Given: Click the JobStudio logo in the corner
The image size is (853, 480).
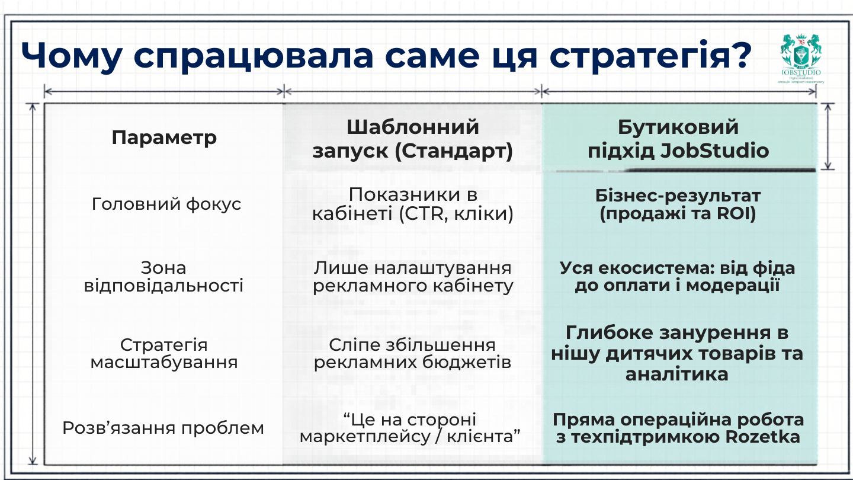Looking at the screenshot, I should click(800, 58).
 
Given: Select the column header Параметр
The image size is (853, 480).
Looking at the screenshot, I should click(164, 138).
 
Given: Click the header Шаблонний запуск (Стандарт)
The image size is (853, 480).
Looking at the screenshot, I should click(412, 139).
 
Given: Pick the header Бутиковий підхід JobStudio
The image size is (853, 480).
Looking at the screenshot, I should click(678, 139).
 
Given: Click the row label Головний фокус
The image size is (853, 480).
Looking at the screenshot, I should click(166, 204).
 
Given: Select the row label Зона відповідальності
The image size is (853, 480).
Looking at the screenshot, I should click(163, 277).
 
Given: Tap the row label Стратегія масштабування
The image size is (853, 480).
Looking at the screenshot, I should click(163, 353).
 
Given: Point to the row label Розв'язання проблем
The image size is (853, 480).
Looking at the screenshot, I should click(163, 428).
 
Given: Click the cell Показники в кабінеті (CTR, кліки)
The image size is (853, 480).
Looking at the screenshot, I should click(412, 204).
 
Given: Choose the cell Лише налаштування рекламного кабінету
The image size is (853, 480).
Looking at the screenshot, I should click(412, 277).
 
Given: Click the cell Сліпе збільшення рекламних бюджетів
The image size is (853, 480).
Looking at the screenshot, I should click(412, 353).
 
